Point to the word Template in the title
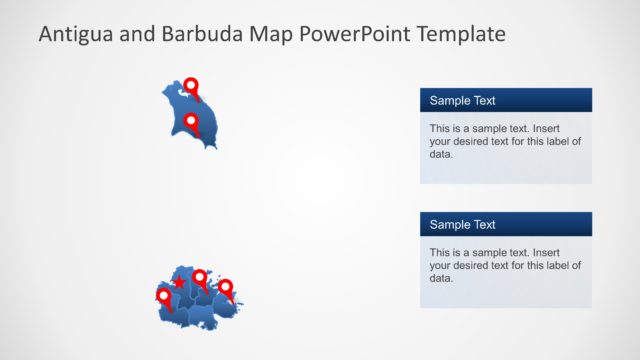[x=460, y=34]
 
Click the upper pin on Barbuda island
[x=191, y=87]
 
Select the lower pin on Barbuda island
[x=191, y=122]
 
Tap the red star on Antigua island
[x=179, y=282]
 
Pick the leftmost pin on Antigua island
[x=164, y=296]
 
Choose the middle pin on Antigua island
[x=200, y=277]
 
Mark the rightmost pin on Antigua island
[x=226, y=287]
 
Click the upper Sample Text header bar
[x=505, y=100]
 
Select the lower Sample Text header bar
[x=505, y=224]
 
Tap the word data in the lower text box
[x=441, y=278]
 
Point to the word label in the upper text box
[x=553, y=141]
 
